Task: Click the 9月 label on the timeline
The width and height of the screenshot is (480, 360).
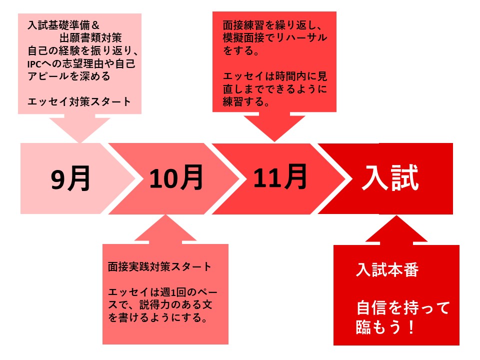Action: [70, 178]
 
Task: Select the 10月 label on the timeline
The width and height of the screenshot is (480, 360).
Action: [176, 177]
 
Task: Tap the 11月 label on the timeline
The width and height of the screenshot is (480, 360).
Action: [280, 176]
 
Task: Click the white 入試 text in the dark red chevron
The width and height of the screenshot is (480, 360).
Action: [390, 178]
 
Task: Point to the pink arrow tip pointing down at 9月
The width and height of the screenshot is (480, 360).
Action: [80, 142]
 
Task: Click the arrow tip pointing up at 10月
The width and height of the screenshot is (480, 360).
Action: [165, 215]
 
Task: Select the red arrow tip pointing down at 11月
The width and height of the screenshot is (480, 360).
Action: [274, 141]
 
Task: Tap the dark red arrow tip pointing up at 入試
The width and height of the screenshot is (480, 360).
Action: [396, 216]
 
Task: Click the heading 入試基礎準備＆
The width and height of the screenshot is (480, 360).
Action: [63, 25]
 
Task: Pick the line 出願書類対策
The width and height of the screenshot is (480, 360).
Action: [90, 38]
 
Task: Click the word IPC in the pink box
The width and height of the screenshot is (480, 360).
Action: [34, 64]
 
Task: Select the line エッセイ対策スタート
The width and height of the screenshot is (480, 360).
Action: [79, 101]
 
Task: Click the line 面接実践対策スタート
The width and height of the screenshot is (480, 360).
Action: [159, 266]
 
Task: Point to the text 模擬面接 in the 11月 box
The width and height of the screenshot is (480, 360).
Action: [243, 37]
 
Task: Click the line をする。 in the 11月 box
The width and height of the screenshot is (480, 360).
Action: [241, 50]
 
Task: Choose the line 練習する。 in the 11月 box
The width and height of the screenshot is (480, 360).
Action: [246, 101]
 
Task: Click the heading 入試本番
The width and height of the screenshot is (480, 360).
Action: [387, 269]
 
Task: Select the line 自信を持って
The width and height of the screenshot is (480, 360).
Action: [403, 307]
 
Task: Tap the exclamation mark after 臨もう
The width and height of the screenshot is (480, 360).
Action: [411, 327]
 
